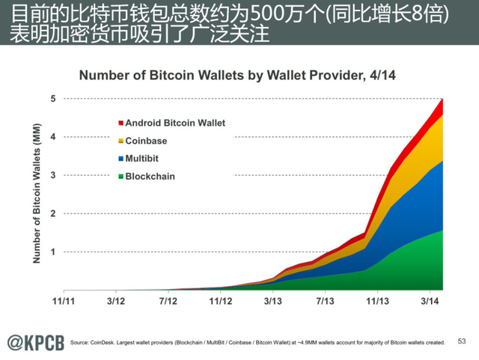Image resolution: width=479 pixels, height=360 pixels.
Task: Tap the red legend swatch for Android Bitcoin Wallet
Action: click(120, 123)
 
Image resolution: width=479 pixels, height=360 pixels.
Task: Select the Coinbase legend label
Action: click(146, 141)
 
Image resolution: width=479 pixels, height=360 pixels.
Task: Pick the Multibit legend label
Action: click(141, 159)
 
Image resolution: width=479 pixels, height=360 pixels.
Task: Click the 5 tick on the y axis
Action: click(53, 99)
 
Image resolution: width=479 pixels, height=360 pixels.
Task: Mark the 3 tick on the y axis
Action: click(53, 175)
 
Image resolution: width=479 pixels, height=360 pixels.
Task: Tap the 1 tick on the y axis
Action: click(53, 252)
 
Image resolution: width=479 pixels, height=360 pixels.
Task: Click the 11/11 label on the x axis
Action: click(63, 302)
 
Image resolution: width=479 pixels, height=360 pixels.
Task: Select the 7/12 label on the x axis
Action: click(168, 302)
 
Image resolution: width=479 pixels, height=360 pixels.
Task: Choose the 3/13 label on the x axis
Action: click(273, 302)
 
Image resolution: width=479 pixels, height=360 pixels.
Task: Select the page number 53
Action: click(461, 341)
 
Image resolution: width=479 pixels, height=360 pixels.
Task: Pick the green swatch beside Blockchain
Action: click(120, 177)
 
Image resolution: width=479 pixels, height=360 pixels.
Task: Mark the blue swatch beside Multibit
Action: click(120, 159)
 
